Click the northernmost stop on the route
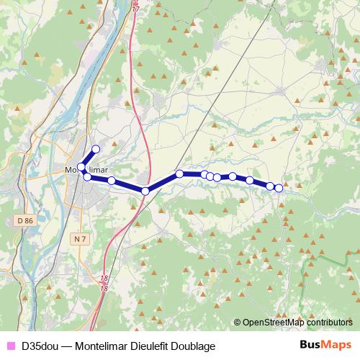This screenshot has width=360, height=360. click(95, 149)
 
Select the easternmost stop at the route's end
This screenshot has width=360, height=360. click(279, 189)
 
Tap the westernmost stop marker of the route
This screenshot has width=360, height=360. click(81, 168)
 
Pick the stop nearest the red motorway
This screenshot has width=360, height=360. click(145, 191)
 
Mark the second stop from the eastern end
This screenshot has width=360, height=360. click(270, 186)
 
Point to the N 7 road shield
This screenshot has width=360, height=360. click(80, 237)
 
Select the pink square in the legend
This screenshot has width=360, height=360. click(9, 346)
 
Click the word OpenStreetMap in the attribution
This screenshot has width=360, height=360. click(272, 323)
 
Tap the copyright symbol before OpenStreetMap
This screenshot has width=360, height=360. click(238, 323)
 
